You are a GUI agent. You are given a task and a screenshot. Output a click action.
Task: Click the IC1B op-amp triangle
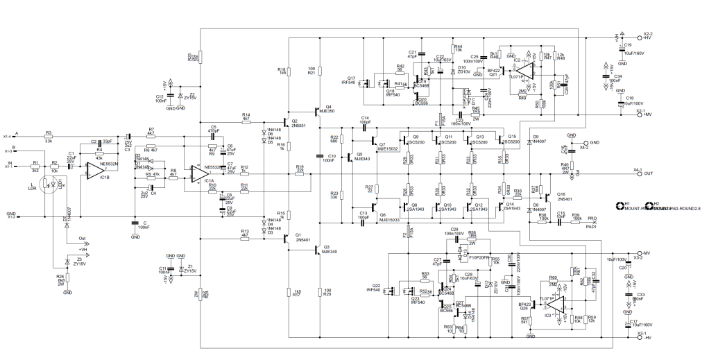[96, 169]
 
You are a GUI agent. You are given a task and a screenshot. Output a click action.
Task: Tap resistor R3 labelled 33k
[49, 137]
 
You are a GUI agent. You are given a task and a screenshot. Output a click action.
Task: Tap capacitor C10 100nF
[320, 155]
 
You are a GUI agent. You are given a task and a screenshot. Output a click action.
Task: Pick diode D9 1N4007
[529, 142]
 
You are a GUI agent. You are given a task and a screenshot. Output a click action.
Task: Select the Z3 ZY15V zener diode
[67, 262]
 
